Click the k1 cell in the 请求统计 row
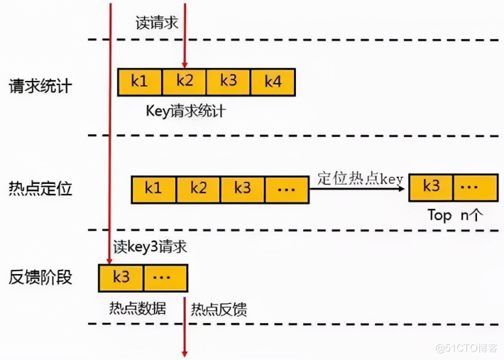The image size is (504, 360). point(140,82)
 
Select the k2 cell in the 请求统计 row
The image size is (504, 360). point(184,82)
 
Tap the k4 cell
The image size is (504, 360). point(273,82)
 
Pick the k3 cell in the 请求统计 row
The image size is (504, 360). point(229,82)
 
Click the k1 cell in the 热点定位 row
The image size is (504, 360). point(153,190)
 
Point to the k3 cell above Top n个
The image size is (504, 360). point(432,187)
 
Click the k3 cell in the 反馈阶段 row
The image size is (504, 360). point(121,277)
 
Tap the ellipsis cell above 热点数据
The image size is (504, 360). point(165,277)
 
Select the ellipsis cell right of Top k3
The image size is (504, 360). point(475,187)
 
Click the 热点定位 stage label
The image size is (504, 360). point(40,190)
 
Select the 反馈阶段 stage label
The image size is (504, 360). point(40,277)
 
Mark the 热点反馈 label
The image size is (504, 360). point(219,310)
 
